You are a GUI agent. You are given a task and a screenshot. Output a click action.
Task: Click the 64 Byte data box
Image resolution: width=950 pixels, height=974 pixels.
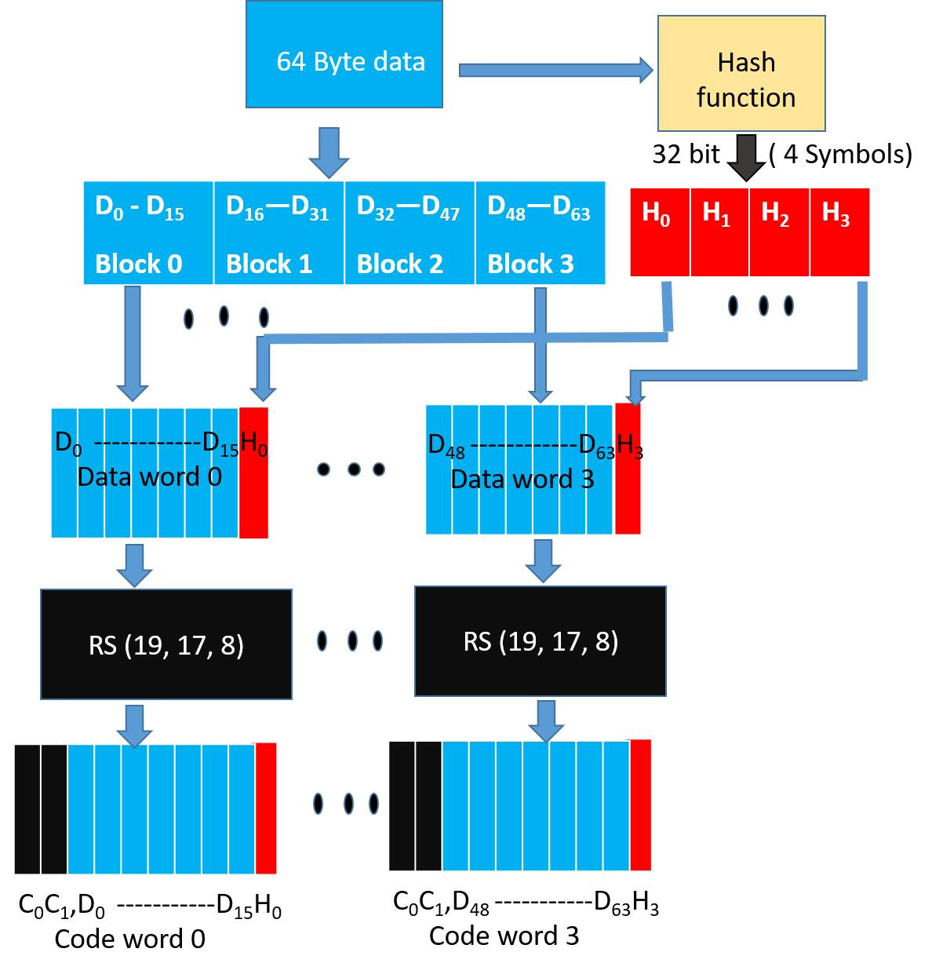tap(344, 54)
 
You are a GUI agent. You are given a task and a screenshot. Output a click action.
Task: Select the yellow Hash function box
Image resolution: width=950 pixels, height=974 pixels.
tap(741, 74)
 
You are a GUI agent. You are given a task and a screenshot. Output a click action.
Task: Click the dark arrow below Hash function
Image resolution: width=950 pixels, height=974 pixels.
tap(746, 157)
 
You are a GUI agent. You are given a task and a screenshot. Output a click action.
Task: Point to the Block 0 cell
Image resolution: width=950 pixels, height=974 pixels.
tap(148, 233)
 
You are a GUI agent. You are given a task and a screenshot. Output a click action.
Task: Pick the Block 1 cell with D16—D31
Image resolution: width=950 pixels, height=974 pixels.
tap(278, 233)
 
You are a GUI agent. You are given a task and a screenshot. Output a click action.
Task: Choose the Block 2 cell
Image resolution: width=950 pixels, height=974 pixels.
tap(409, 233)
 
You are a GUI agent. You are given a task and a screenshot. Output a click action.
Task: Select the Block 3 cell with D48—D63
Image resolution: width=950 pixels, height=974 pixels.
tap(540, 233)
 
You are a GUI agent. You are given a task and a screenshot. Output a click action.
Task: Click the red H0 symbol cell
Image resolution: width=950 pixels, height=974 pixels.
tap(660, 233)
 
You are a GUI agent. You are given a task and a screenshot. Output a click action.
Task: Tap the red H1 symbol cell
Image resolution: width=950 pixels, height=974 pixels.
tap(719, 233)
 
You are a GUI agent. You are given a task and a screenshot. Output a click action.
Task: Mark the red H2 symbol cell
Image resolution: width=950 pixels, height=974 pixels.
tap(779, 233)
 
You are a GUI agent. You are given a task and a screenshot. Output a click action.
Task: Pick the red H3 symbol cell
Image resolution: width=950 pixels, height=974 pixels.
tap(839, 233)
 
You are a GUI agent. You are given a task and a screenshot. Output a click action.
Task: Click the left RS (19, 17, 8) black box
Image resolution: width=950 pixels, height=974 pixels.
tap(166, 644)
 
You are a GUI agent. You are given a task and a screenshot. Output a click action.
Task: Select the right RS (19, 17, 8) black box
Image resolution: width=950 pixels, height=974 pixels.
tap(541, 641)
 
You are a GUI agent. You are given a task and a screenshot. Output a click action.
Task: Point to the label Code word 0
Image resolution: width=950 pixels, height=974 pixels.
tap(130, 939)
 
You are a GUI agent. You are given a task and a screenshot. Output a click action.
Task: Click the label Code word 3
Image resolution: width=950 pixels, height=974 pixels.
tap(504, 936)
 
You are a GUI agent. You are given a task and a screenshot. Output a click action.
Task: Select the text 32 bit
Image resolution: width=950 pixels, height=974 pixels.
tap(686, 154)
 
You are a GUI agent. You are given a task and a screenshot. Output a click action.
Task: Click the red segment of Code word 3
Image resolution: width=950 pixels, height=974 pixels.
tap(640, 804)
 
